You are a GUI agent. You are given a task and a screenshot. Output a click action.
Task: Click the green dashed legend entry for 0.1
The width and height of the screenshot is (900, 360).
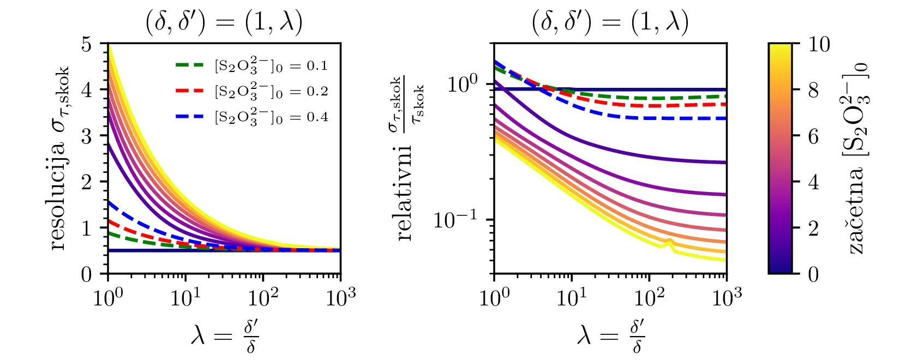click(251, 66)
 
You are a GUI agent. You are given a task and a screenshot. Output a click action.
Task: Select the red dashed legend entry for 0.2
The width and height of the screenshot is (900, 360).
click(251, 91)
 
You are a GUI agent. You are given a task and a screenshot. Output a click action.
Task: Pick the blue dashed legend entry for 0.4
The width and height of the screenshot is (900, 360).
click(251, 117)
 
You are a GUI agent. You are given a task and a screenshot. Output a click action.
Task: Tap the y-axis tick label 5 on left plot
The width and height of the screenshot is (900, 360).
click(87, 44)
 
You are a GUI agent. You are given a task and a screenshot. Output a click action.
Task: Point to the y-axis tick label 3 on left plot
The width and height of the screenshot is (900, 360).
click(87, 136)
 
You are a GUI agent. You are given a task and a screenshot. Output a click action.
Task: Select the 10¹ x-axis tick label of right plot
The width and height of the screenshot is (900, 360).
click(571, 297)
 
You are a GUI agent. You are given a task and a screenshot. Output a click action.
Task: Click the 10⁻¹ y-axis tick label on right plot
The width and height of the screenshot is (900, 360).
click(454, 219)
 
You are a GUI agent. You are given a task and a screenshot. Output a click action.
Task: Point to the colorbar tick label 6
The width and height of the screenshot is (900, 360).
click(813, 136)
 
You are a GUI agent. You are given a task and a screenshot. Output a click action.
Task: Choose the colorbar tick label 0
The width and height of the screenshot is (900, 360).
click(813, 274)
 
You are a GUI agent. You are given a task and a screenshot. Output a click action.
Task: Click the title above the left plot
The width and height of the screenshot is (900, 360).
click(224, 23)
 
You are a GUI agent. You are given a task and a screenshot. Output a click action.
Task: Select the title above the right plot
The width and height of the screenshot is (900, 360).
click(610, 23)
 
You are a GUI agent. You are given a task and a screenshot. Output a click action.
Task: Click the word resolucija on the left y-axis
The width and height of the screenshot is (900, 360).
click(57, 194)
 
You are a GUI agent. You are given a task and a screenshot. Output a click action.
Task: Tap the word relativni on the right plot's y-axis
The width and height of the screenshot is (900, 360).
click(404, 194)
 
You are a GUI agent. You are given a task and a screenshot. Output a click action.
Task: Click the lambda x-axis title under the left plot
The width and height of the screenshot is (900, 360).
click(224, 336)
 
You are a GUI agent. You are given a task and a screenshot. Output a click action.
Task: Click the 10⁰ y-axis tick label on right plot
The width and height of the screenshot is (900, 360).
click(461, 83)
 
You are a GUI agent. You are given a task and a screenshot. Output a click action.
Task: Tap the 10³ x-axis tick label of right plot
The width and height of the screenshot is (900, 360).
click(727, 297)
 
